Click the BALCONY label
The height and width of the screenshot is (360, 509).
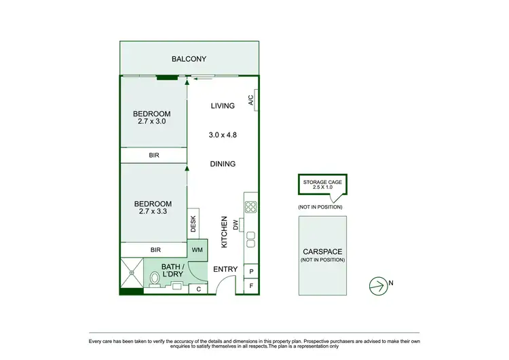(x=189, y=59)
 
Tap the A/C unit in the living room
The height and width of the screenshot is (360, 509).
(x=250, y=101)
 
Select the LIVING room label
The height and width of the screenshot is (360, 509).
(x=223, y=105)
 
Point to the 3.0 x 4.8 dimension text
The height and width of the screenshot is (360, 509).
(x=223, y=135)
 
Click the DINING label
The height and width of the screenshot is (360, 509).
(x=223, y=164)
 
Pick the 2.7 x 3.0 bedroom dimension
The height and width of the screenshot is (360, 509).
(x=151, y=122)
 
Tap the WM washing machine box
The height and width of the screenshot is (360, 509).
(x=196, y=250)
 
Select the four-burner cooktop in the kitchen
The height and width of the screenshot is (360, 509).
(x=250, y=207)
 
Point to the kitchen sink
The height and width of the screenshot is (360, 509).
(x=250, y=239)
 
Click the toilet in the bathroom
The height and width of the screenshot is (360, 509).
(x=154, y=278)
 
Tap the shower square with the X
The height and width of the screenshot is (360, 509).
(x=132, y=273)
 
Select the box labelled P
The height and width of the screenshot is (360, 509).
(x=251, y=272)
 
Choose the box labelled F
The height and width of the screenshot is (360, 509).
(x=251, y=287)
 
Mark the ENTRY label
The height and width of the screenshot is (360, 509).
(x=225, y=270)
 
